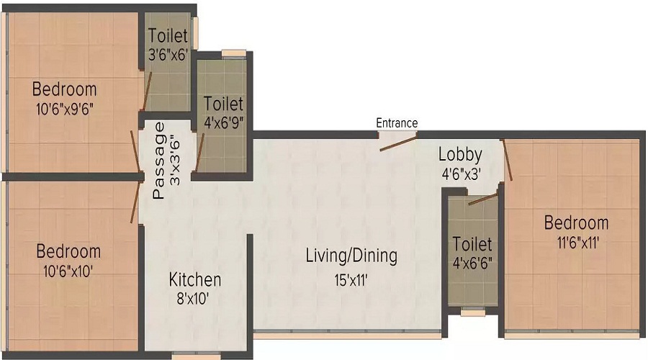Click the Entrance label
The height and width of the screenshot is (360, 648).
397,122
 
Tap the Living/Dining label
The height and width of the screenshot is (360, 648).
351,256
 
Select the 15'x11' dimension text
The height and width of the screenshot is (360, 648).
351,281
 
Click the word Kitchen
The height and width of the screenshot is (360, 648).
195,280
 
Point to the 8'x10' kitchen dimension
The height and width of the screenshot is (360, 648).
192,298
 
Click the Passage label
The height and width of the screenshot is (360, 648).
159,161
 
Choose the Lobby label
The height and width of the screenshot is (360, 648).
460,155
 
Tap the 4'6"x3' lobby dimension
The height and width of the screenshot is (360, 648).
461,174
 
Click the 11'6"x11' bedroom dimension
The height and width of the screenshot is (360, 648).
578,242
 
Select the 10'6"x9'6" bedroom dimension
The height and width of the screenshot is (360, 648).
65,109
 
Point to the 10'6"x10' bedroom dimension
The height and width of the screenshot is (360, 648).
68,271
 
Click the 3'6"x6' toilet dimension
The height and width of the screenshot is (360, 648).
168,55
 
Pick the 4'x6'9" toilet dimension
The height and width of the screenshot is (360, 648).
224,122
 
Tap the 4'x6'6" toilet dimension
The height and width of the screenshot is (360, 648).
472,263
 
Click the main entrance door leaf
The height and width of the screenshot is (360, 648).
398,143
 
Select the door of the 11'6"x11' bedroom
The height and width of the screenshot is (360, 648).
508,161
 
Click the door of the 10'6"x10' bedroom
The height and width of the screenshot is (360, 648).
135,202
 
